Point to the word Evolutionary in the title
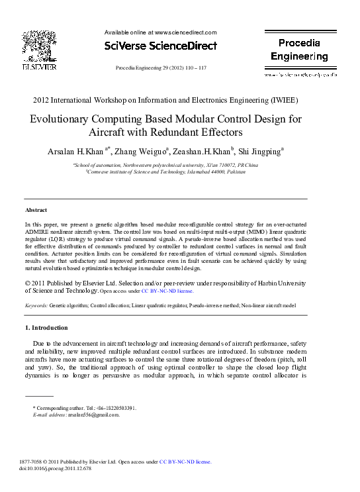[x=67, y=120]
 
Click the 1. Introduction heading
[x=46, y=328]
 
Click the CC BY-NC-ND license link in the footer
[x=185, y=461]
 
